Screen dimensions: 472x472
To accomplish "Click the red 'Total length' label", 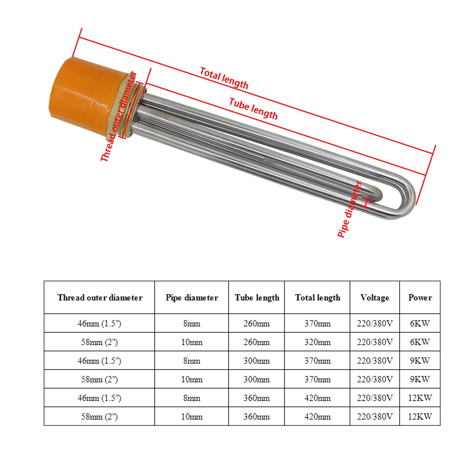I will (x=224, y=78).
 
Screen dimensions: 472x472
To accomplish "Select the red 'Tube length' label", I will (x=253, y=109).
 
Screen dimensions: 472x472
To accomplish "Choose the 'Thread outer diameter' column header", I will (x=99, y=298).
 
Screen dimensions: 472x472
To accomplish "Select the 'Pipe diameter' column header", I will (x=192, y=298).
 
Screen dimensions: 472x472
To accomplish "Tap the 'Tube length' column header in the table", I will (x=257, y=298).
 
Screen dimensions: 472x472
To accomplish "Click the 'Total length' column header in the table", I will (x=317, y=298).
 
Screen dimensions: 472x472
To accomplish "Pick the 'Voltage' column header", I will (x=375, y=298).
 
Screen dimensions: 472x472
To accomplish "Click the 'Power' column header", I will (x=420, y=298).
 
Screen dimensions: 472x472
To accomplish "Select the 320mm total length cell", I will (x=317, y=342).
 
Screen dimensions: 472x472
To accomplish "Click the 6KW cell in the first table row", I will (x=420, y=323).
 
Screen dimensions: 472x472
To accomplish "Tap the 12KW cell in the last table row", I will (x=420, y=417).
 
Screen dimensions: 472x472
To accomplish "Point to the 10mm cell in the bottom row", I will (x=192, y=417).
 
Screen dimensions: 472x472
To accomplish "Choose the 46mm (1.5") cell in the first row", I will (x=99, y=323).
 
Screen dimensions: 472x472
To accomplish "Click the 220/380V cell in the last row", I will (x=375, y=417).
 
